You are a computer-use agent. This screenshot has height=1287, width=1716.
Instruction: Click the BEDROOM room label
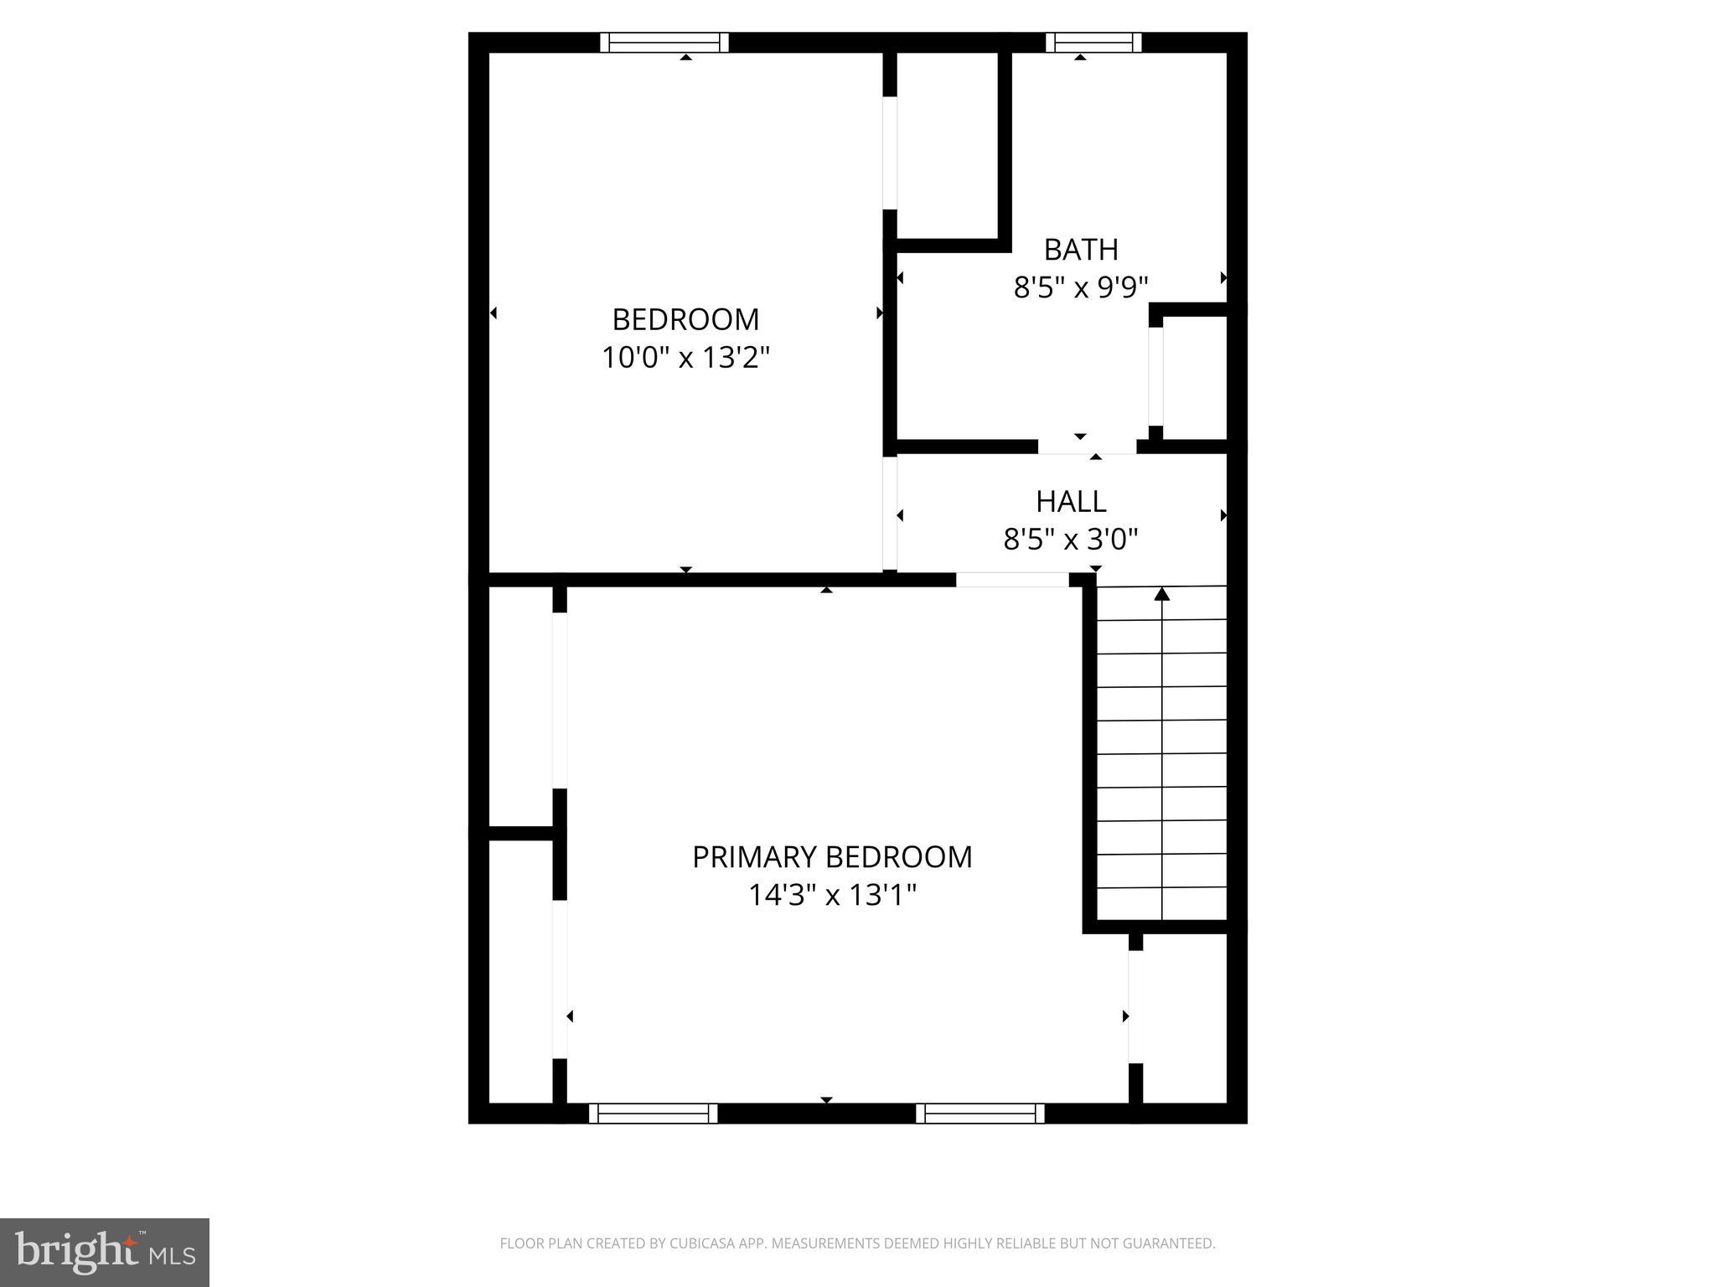[x=685, y=319]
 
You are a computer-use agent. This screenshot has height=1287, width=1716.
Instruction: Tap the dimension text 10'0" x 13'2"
[x=685, y=358]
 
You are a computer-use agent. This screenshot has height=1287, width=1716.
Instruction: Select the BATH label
[x=1081, y=250]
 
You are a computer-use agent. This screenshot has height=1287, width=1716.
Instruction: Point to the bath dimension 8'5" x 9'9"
[x=1081, y=288]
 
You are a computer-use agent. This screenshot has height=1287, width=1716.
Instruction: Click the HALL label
[x=1071, y=501]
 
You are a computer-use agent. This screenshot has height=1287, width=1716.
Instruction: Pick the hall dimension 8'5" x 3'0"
[x=1071, y=540]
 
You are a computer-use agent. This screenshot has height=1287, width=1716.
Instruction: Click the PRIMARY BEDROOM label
[x=832, y=857]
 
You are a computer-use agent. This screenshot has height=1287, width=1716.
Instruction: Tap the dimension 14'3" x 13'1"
[x=832, y=896]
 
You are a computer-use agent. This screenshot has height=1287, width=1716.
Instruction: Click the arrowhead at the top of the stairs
[x=1161, y=594]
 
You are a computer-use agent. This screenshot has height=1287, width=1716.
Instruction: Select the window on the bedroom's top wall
[x=664, y=43]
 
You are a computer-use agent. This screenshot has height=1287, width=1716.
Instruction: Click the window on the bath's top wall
[x=1093, y=43]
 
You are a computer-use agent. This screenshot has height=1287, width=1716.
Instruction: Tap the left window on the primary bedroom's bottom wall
[x=654, y=1113]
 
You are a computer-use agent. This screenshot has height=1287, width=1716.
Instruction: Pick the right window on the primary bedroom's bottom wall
[x=980, y=1113]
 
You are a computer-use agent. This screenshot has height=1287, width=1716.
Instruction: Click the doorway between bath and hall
[x=1087, y=447]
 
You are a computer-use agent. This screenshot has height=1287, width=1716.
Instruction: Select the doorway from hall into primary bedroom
[x=1012, y=579]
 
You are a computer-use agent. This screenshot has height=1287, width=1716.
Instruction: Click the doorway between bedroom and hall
[x=890, y=513]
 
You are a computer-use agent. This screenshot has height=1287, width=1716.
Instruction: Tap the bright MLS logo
[x=105, y=1253]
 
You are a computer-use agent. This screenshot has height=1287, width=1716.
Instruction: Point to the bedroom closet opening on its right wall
[x=890, y=153]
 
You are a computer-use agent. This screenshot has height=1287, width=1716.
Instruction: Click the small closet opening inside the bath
[x=1155, y=376]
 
